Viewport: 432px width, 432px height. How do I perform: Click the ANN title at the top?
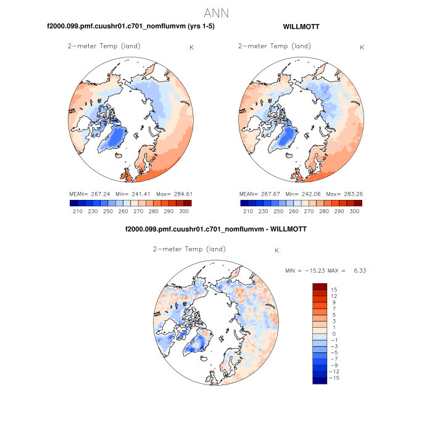216,12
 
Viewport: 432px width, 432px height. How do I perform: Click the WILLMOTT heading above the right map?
300,27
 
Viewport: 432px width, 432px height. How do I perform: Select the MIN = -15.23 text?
306,271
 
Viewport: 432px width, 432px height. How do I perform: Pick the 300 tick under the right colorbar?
354,211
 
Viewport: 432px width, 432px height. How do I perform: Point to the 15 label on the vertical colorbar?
334,289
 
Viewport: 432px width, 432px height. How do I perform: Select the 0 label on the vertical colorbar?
334,333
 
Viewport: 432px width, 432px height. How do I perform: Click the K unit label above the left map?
192,48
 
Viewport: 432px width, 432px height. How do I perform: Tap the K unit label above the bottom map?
277,251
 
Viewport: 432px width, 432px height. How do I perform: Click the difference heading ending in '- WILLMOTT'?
216,229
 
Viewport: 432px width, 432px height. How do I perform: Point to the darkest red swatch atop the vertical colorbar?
320,286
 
